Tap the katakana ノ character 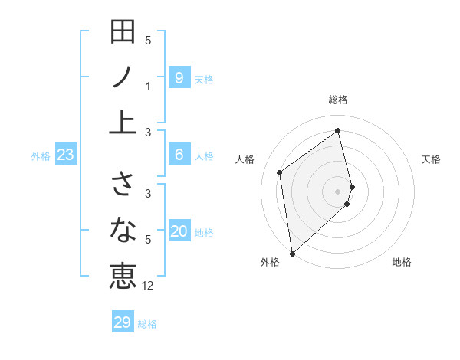click(x=123, y=77)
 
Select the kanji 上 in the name click(x=123, y=121)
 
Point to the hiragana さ click(x=123, y=184)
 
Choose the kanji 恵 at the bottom click(x=123, y=274)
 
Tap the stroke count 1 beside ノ click(x=148, y=87)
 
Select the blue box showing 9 click(x=179, y=77)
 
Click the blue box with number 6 click(x=179, y=155)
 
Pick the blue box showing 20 click(x=179, y=231)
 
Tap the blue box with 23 click(x=66, y=155)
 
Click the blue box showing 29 click(x=123, y=322)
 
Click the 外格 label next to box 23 click(x=41, y=156)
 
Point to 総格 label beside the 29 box click(x=147, y=324)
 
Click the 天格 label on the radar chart click(x=432, y=159)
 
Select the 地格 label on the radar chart click(x=402, y=262)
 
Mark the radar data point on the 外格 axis click(x=291, y=253)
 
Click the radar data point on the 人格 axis click(x=280, y=172)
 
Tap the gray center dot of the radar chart click(x=338, y=191)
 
